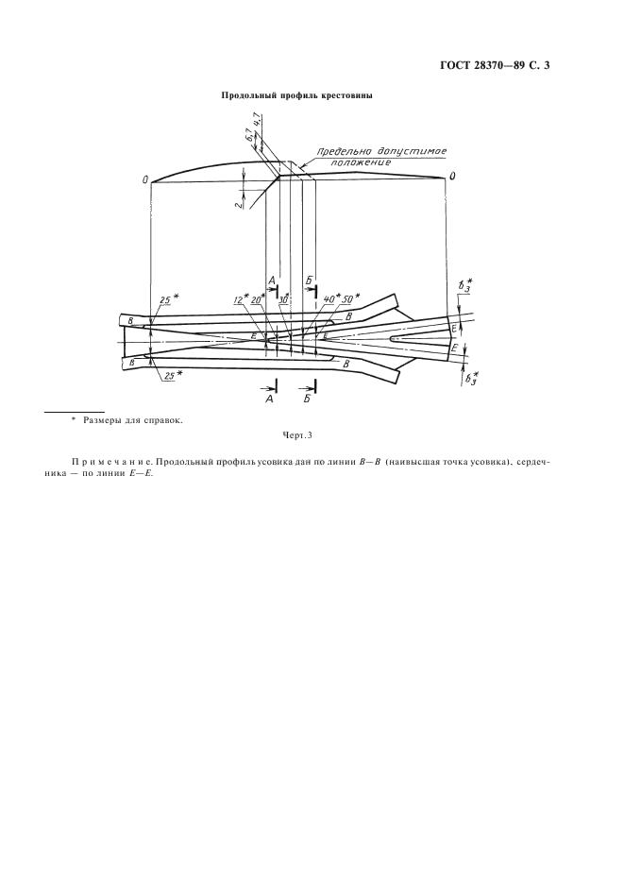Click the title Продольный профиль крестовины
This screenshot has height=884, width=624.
pyautogui.click(x=296, y=96)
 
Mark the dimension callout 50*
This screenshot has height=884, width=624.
pyautogui.click(x=353, y=298)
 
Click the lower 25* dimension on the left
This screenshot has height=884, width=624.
pyautogui.click(x=169, y=375)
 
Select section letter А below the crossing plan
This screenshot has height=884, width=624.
pyautogui.click(x=270, y=400)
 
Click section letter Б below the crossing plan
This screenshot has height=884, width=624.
pyautogui.click(x=309, y=400)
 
